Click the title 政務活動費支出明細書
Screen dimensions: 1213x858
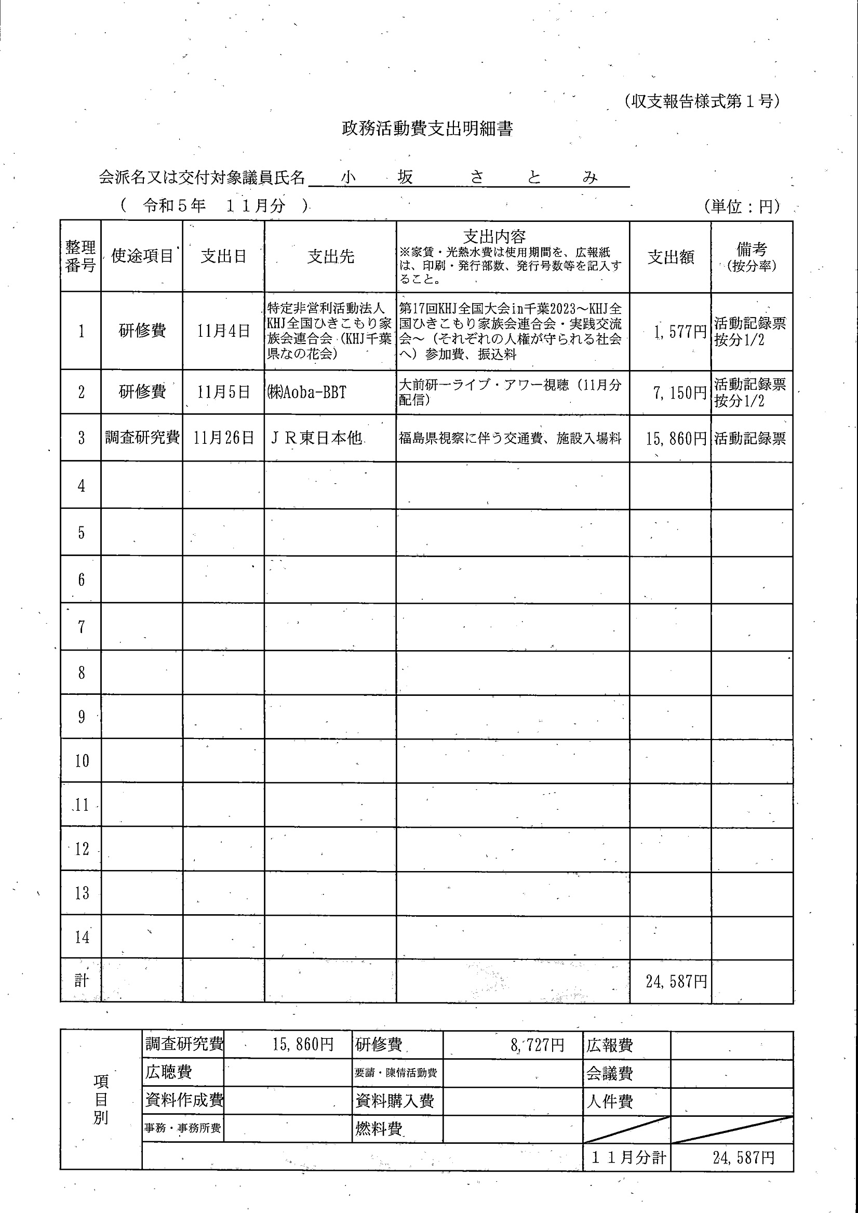(427, 129)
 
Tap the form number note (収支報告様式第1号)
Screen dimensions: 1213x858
(701, 101)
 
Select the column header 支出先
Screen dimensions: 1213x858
(331, 257)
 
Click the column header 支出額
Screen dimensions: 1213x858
(671, 257)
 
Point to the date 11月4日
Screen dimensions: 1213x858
(223, 332)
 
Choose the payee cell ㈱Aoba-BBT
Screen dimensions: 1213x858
(307, 392)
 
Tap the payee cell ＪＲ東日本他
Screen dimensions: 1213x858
(316, 438)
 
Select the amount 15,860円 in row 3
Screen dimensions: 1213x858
(676, 438)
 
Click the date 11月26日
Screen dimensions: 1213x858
(223, 438)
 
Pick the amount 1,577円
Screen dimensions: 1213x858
(680, 332)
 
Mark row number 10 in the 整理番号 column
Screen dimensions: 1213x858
(82, 761)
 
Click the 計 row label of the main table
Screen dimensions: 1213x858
(82, 981)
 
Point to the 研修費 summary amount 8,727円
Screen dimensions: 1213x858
(537, 1045)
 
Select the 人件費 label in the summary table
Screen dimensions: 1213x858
(609, 1101)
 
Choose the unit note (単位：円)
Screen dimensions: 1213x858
(742, 206)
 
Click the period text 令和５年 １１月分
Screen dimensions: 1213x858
(214, 206)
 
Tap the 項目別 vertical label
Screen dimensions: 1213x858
(100, 1099)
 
